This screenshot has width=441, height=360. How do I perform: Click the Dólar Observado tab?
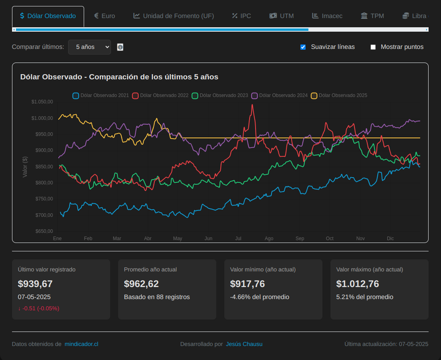tap(48, 16)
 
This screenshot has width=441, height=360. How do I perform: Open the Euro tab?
tap(105, 16)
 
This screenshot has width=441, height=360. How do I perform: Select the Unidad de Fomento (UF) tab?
tap(174, 16)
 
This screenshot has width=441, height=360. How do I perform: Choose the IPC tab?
tap(242, 16)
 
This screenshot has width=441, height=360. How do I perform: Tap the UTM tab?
tap(282, 16)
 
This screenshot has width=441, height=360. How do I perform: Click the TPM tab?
tap(372, 16)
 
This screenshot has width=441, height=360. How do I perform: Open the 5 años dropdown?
tap(89, 47)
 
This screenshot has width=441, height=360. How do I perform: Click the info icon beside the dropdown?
tap(120, 47)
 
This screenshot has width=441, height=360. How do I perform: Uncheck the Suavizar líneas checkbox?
tap(303, 47)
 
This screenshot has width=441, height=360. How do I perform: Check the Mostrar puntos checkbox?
tap(373, 47)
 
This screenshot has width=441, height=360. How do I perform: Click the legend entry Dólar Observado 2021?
tap(101, 95)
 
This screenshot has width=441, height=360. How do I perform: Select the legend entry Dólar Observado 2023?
tap(220, 95)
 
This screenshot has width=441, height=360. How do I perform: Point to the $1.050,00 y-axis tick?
tap(42, 102)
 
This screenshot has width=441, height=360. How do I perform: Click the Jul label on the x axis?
tap(238, 239)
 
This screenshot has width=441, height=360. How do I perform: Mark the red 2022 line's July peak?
tap(252, 105)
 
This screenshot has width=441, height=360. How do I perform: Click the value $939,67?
tap(35, 284)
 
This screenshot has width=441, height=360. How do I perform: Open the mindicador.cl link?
tap(81, 344)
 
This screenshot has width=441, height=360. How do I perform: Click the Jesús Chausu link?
tap(244, 344)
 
